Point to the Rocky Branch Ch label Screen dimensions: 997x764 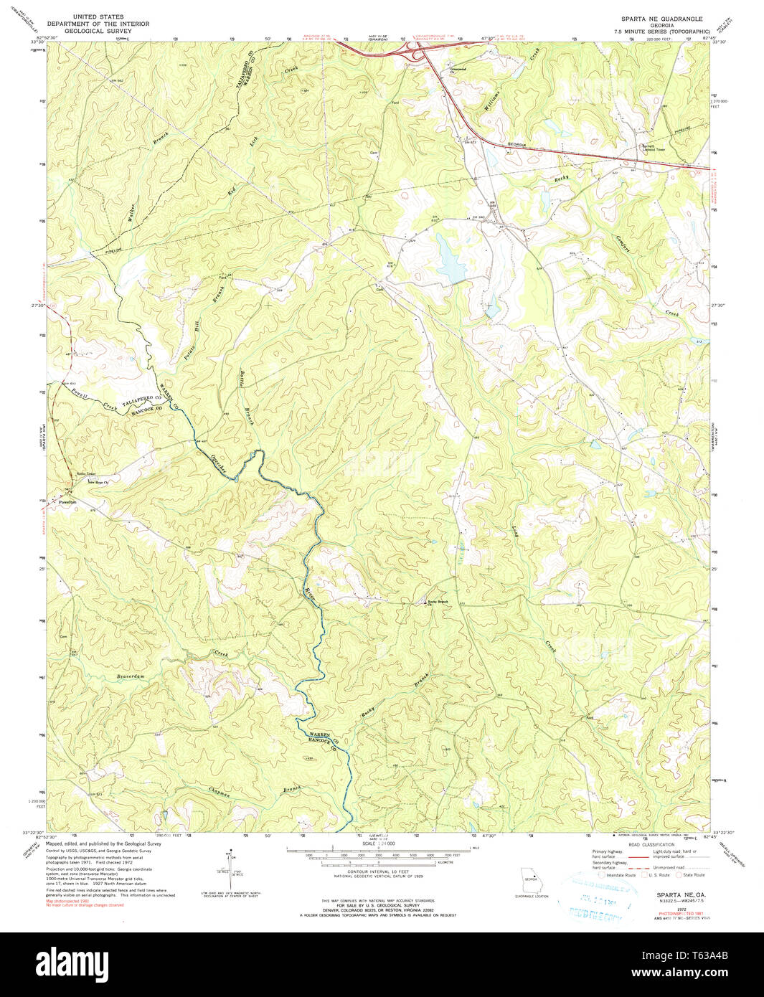(x=437, y=603)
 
